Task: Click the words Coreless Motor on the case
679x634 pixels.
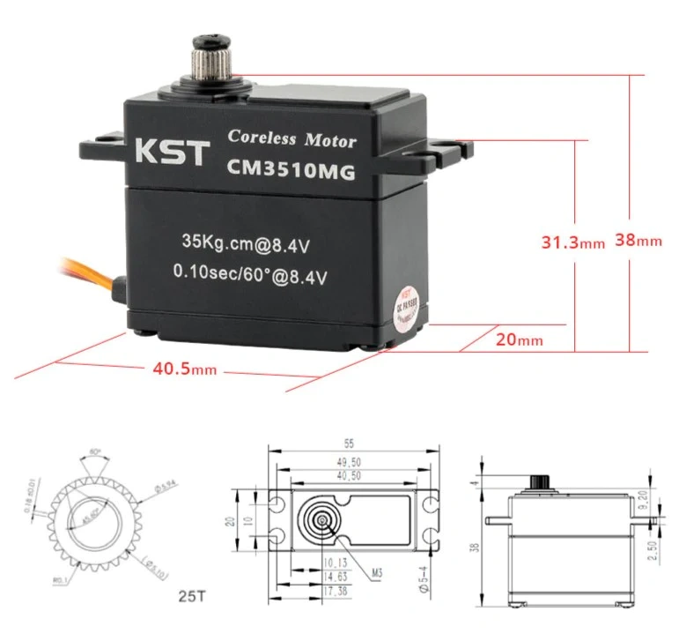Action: click(292, 139)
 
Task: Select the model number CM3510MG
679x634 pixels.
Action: click(292, 171)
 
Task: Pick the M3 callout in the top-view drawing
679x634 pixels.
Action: click(377, 573)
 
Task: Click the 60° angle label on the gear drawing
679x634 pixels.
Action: click(95, 452)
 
